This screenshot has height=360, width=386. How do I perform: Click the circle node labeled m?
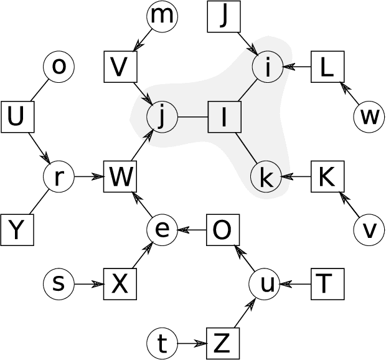click(162, 17)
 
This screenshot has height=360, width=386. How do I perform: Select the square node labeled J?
click(223, 17)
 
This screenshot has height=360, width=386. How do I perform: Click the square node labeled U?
click(16, 116)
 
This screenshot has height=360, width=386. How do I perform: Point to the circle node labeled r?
click(59, 178)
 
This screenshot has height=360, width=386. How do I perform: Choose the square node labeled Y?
click(17, 229)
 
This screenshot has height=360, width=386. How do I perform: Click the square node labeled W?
click(120, 178)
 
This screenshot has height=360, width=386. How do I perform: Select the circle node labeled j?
click(162, 116)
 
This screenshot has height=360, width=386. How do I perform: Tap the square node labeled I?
click(223, 116)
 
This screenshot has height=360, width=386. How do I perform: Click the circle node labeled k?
click(266, 178)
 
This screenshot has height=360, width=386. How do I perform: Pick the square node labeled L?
click(326, 67)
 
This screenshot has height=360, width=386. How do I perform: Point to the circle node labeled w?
click(369, 116)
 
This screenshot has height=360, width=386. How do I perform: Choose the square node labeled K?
click(326, 178)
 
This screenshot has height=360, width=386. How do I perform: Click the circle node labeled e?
click(162, 230)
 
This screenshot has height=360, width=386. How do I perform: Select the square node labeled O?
click(223, 230)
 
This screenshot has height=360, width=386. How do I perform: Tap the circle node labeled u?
click(266, 285)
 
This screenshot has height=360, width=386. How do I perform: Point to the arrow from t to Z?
click(192, 343)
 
